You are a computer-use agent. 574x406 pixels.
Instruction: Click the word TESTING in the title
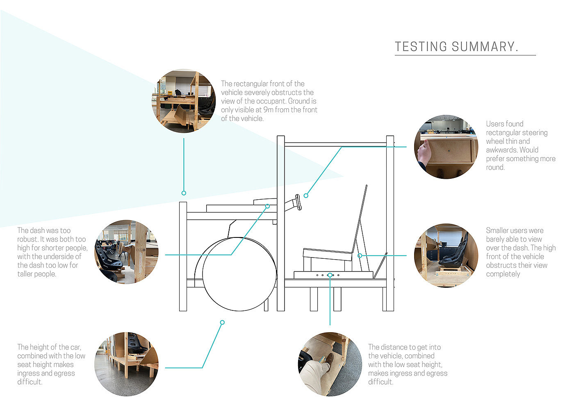(421, 47)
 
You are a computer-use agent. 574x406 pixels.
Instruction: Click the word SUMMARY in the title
(485, 47)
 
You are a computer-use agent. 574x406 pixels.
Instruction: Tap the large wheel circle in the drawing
(239, 274)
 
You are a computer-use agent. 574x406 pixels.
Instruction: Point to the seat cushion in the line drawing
(328, 254)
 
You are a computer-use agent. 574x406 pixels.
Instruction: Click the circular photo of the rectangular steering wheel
(446, 147)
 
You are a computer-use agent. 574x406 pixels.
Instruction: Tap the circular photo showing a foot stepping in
(330, 364)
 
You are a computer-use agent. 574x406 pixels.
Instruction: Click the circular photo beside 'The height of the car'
(126, 364)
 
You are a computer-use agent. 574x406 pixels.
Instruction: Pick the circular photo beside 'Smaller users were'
(446, 255)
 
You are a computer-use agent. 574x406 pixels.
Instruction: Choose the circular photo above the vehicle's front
(184, 100)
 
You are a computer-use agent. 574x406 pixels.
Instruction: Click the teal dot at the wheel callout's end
(222, 322)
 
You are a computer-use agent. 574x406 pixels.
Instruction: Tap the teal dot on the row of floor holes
(330, 276)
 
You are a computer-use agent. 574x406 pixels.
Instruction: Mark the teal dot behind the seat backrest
(360, 255)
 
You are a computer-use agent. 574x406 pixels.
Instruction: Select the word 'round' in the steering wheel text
(494, 167)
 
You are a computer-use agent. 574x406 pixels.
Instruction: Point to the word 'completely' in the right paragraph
(503, 274)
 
